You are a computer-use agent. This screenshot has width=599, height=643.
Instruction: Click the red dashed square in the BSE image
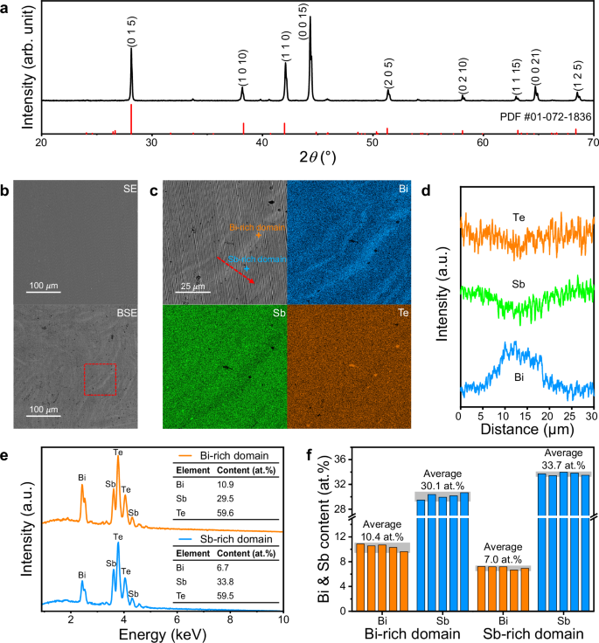pos(101,379)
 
